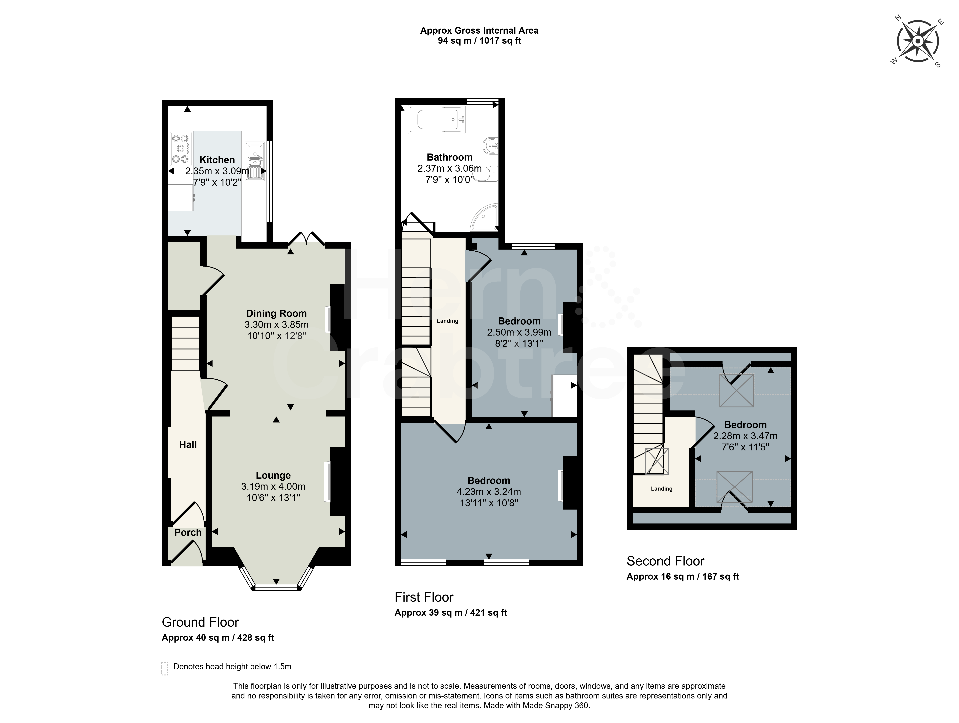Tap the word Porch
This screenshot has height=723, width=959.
188,532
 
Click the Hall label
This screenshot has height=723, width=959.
188,444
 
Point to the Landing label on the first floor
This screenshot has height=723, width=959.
447,321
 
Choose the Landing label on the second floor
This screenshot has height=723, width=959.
662,489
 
